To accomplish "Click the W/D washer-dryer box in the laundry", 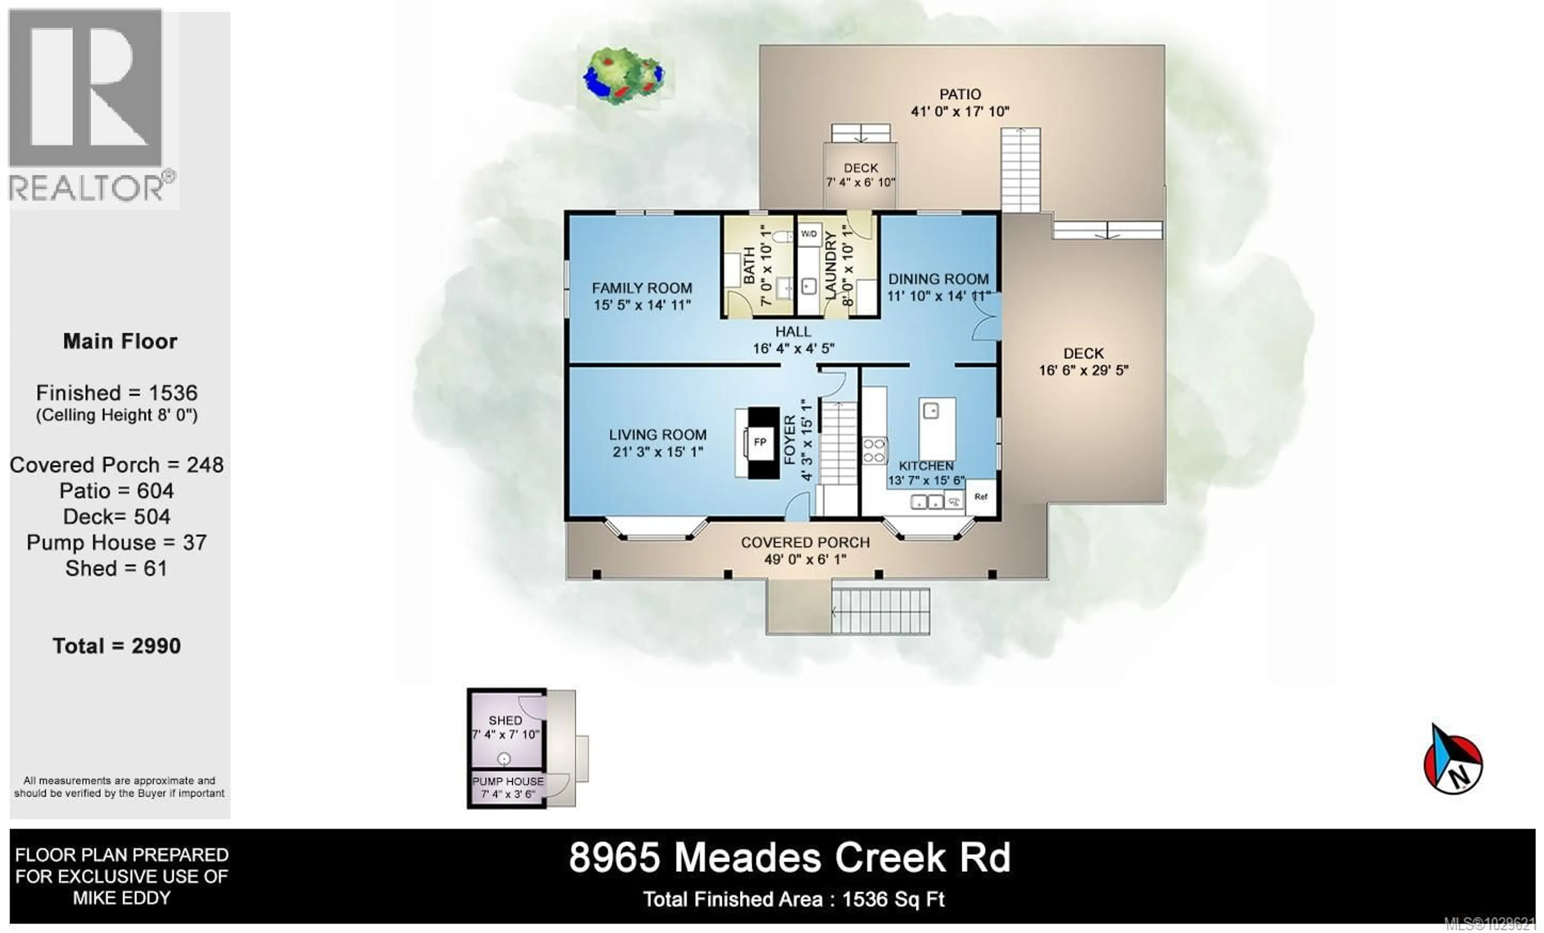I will tap(808, 234).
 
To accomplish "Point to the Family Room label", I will tap(642, 288).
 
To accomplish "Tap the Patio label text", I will tap(959, 95).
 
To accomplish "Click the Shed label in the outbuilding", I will tap(505, 721).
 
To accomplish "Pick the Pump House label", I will tap(507, 781).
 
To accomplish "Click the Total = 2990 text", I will tap(117, 646).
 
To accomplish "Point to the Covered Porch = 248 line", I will tap(117, 465).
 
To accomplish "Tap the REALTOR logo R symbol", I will tap(86, 88).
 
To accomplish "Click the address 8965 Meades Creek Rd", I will tap(790, 858).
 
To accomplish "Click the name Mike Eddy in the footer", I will tap(121, 898).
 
